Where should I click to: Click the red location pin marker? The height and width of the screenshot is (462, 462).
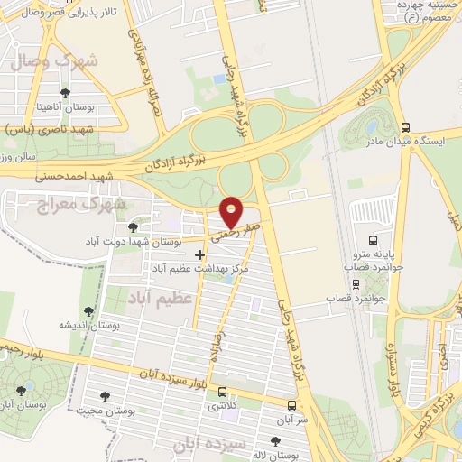coord(233,212)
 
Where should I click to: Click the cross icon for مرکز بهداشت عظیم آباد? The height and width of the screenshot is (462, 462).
coord(199,255)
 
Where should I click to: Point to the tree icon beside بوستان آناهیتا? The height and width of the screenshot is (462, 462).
coord(64,93)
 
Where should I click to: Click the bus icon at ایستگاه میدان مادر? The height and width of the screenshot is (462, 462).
coord(405,127)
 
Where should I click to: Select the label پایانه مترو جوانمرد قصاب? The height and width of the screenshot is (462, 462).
coord(379,245)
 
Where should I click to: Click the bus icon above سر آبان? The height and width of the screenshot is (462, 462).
coord(291,405)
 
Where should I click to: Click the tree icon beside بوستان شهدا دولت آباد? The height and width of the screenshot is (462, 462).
coord(134,227)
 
